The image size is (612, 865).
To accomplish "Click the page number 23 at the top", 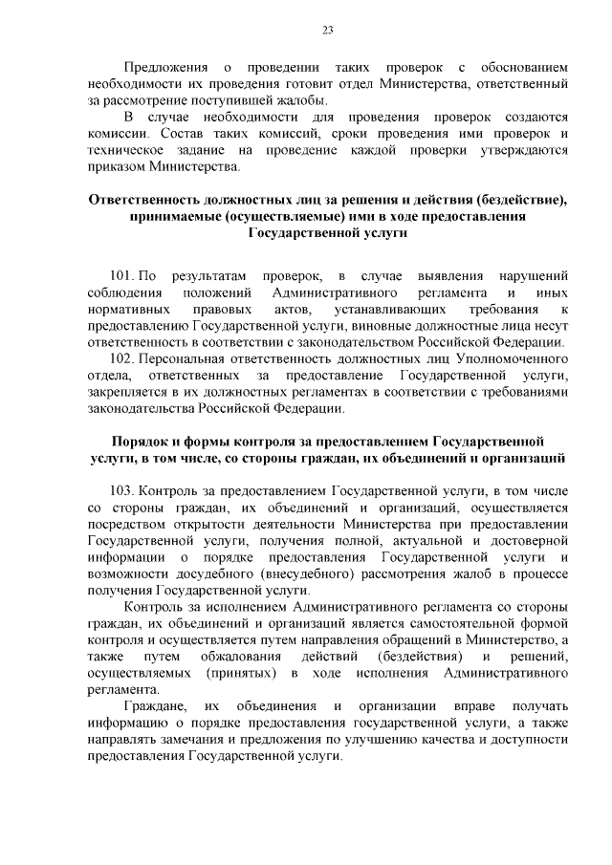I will coord(327,30).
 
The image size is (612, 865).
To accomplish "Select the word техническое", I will coord(128,150).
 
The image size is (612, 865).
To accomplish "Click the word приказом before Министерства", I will coord(113,167).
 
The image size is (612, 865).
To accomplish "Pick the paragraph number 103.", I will coord(123,491).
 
